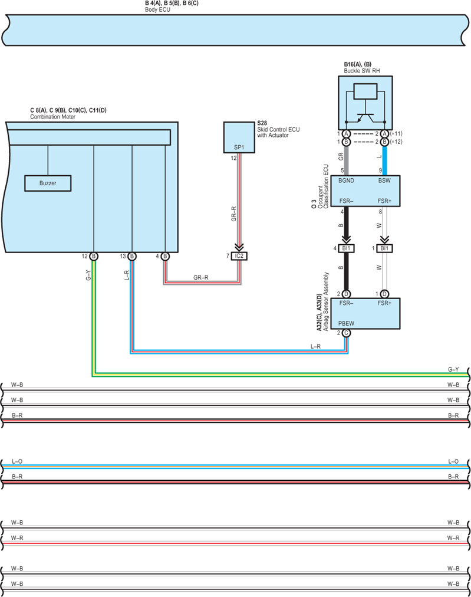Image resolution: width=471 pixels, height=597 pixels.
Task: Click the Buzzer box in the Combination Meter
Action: [x=48, y=183]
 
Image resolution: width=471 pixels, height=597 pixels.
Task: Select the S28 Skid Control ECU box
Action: [x=239, y=137]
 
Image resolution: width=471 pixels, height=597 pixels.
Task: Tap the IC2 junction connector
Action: [x=239, y=256]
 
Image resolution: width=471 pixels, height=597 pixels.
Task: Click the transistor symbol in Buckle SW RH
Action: [x=365, y=118]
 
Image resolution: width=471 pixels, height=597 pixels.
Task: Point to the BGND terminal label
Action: [x=346, y=181]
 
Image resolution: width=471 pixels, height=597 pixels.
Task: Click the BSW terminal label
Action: [x=384, y=181]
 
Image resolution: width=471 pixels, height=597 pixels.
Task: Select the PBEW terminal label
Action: [x=346, y=323]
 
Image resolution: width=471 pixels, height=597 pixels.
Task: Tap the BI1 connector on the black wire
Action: [x=346, y=248]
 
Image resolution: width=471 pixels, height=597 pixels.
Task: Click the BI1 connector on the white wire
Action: [x=384, y=248]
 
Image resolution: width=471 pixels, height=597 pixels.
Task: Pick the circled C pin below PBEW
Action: [x=346, y=333]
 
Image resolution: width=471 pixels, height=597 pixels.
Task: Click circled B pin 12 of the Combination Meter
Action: [x=94, y=256]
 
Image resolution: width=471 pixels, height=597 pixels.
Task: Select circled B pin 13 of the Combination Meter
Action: [x=131, y=256]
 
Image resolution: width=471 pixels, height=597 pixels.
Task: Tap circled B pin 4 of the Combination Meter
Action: [x=164, y=256]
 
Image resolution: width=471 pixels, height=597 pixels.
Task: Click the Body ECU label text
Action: [x=157, y=9]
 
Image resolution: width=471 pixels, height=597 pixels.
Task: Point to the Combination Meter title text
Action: [x=52, y=117]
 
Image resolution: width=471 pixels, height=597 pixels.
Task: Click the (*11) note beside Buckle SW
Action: [x=396, y=134]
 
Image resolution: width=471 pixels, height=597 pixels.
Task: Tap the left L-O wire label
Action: [x=17, y=461]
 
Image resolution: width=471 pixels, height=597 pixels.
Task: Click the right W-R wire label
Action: [x=453, y=538]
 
